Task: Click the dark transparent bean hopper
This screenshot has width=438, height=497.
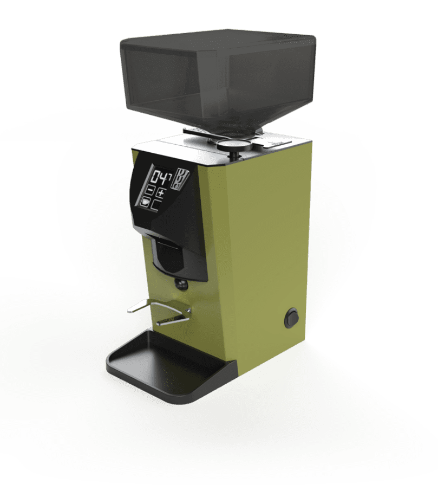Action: (217, 76)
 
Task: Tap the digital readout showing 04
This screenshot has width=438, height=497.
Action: (159, 177)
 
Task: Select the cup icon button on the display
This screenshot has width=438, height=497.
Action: (146, 203)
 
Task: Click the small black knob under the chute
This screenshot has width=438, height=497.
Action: (179, 284)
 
